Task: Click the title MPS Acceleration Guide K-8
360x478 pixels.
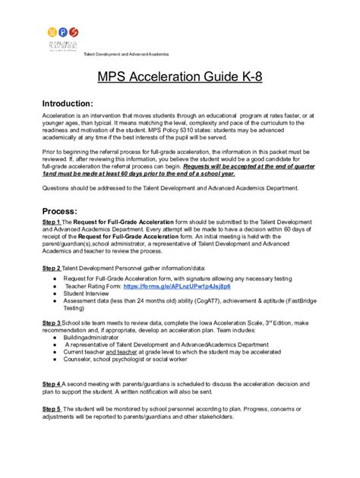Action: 180,77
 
